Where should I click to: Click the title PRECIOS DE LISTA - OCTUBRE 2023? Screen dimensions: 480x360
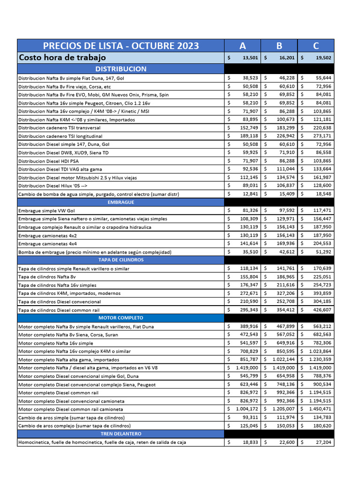pyautogui.click(x=120, y=45)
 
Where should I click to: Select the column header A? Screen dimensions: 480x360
pyautogui.click(x=242, y=45)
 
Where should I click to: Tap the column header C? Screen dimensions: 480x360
pyautogui.click(x=316, y=45)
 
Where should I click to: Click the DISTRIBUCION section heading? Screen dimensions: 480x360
pyautogui.click(x=120, y=69)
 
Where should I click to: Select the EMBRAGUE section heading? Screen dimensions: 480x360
pyautogui.click(x=120, y=202)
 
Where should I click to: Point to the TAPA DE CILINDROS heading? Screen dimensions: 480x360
pyautogui.click(x=120, y=260)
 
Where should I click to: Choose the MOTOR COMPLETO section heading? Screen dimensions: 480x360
pyautogui.click(x=120, y=318)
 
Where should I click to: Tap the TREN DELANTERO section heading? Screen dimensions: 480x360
pyautogui.click(x=120, y=434)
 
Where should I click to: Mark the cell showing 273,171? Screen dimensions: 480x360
pyautogui.click(x=321, y=136)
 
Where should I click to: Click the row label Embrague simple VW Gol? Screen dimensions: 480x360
pyautogui.click(x=46, y=211)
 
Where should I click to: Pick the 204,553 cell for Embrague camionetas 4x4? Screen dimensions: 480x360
pyautogui.click(x=321, y=244)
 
